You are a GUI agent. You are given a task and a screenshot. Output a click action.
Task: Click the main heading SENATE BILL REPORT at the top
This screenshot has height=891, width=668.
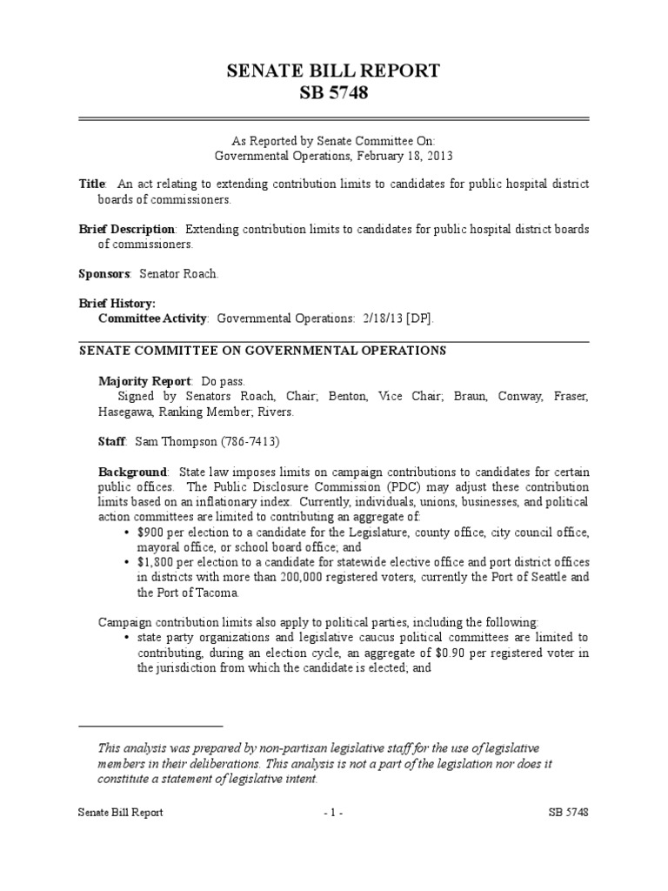point(334,71)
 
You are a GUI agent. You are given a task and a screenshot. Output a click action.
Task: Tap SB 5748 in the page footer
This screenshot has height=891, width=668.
point(569,812)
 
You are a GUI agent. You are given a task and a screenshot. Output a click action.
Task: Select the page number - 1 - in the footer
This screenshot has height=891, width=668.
point(334,812)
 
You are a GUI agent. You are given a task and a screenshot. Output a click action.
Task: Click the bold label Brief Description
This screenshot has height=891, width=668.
point(127,229)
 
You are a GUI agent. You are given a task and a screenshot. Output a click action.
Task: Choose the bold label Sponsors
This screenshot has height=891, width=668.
point(104,274)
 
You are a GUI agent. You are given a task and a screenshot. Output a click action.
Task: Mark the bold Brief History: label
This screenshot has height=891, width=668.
point(117,304)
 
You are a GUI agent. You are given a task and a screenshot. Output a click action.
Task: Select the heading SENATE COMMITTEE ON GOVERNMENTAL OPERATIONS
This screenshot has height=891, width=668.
point(263,351)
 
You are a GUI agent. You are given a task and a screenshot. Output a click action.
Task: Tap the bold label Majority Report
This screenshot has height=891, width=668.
point(144,381)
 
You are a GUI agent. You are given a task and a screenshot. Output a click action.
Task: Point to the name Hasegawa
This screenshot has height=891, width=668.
point(104,412)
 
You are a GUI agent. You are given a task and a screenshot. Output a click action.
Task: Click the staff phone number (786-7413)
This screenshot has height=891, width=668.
point(249,442)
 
